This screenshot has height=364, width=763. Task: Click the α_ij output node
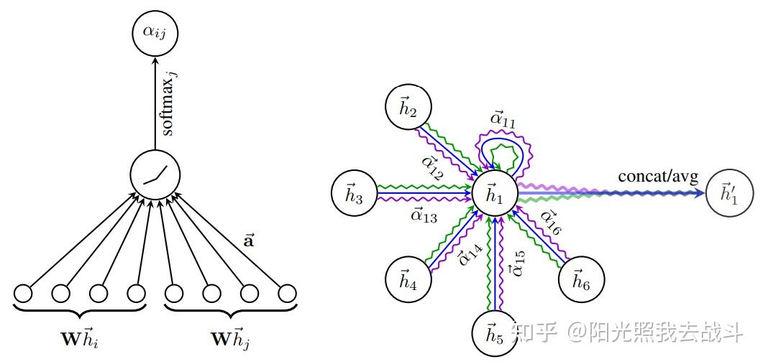pos(155,33)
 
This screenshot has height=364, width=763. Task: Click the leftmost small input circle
pos(23,294)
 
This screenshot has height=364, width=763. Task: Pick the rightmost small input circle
pos(287,294)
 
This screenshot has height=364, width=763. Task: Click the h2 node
pos(408,108)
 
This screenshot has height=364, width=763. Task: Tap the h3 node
pos(354,193)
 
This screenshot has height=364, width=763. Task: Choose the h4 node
pos(408,279)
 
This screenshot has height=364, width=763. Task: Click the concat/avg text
pos(658,177)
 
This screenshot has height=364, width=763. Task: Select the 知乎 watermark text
pos(534,332)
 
